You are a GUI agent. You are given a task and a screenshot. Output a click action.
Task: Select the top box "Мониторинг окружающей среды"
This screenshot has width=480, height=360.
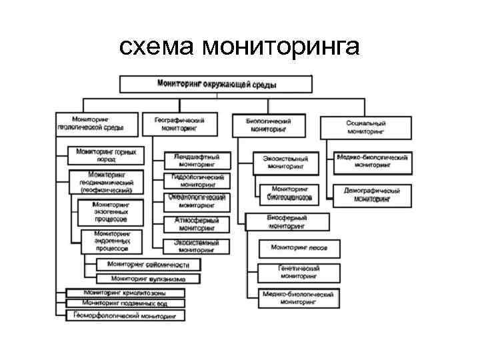pos(216,84)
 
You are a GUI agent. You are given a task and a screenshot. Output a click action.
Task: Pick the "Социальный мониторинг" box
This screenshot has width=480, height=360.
pos(366,127)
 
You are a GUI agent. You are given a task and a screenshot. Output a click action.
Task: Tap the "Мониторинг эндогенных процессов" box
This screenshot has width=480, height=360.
pos(111,241)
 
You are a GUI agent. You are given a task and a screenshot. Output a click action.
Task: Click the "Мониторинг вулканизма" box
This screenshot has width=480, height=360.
pos(147,278)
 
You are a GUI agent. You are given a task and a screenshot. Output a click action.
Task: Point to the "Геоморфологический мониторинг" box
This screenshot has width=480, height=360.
pos(125,315)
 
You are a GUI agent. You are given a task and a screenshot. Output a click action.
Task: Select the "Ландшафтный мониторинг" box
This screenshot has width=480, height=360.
pos(196,160)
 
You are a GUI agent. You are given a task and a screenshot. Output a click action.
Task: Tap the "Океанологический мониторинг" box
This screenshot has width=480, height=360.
pos(196,201)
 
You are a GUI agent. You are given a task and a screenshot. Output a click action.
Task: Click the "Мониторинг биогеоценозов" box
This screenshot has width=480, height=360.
pos(289,194)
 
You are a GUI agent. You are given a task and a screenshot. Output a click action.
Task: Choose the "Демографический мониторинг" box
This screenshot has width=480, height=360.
pos(371,194)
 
